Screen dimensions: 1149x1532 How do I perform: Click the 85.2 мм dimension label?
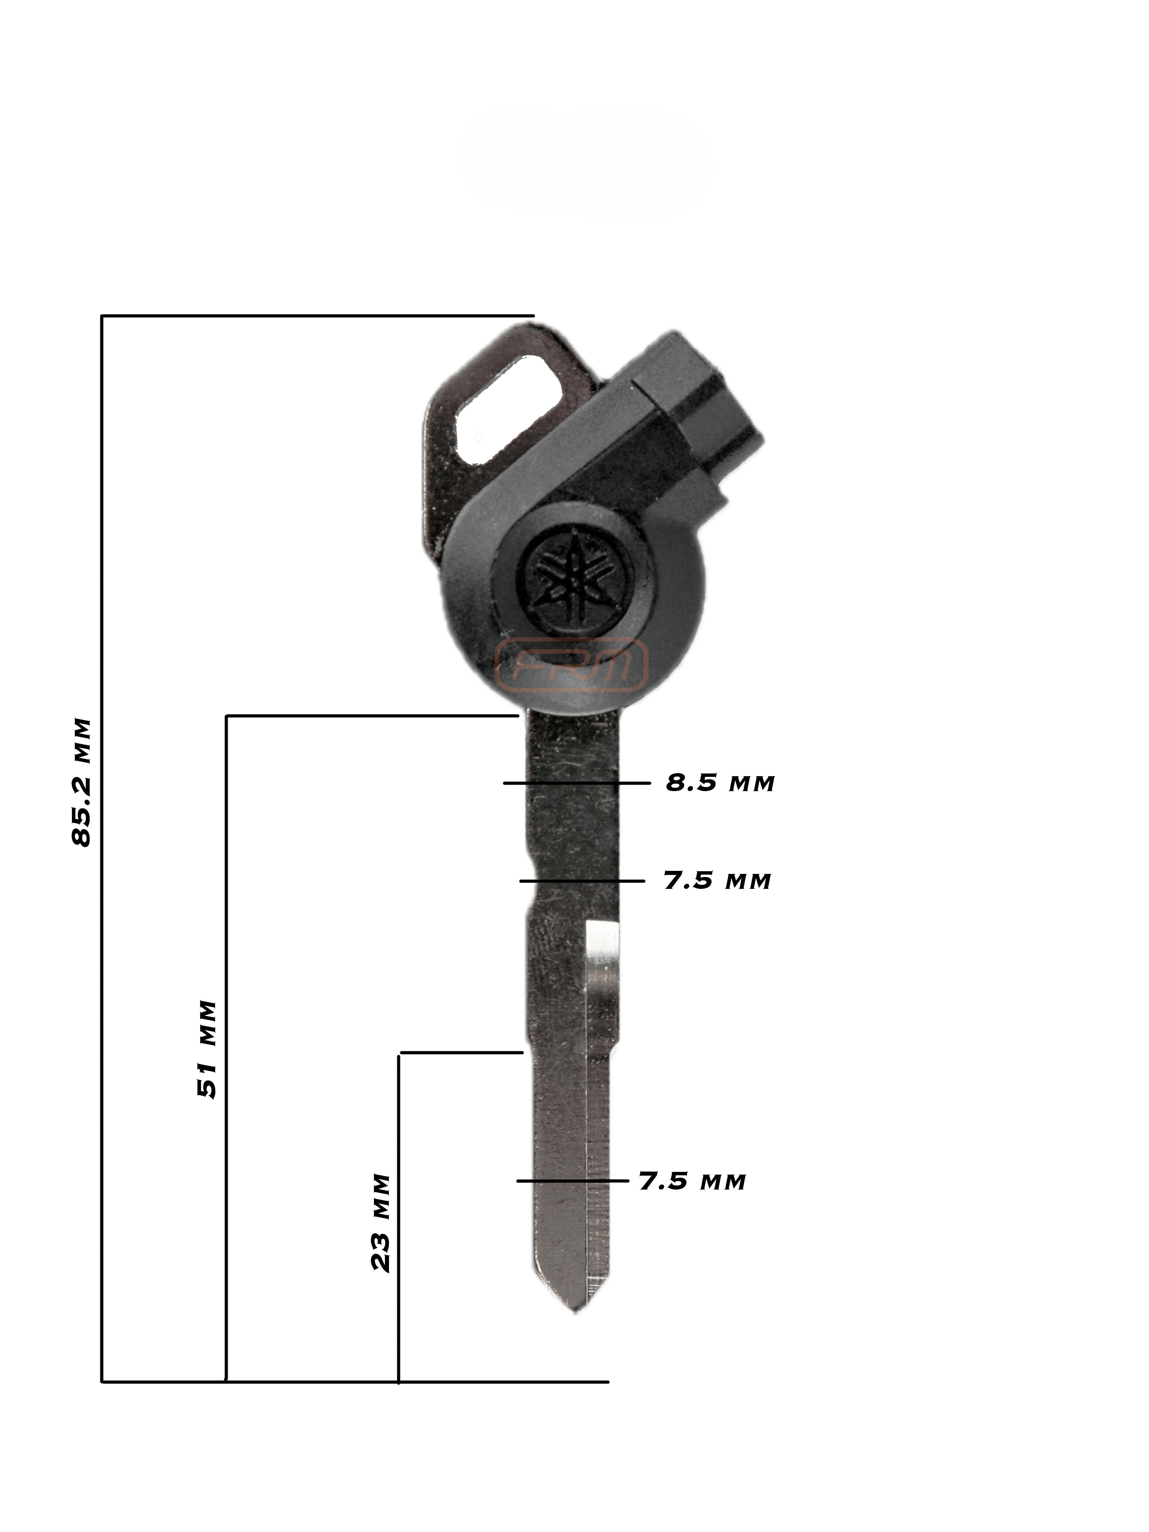pyautogui.click(x=82, y=783)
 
